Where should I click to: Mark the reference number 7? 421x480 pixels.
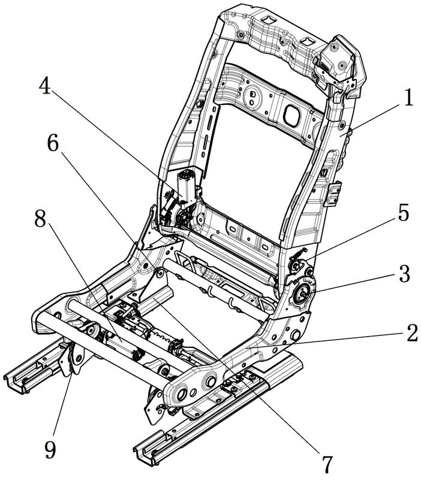(327, 463)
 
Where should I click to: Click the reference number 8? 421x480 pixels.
(40, 220)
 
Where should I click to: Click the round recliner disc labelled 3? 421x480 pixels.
(303, 294)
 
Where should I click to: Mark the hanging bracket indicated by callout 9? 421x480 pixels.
(74, 360)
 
